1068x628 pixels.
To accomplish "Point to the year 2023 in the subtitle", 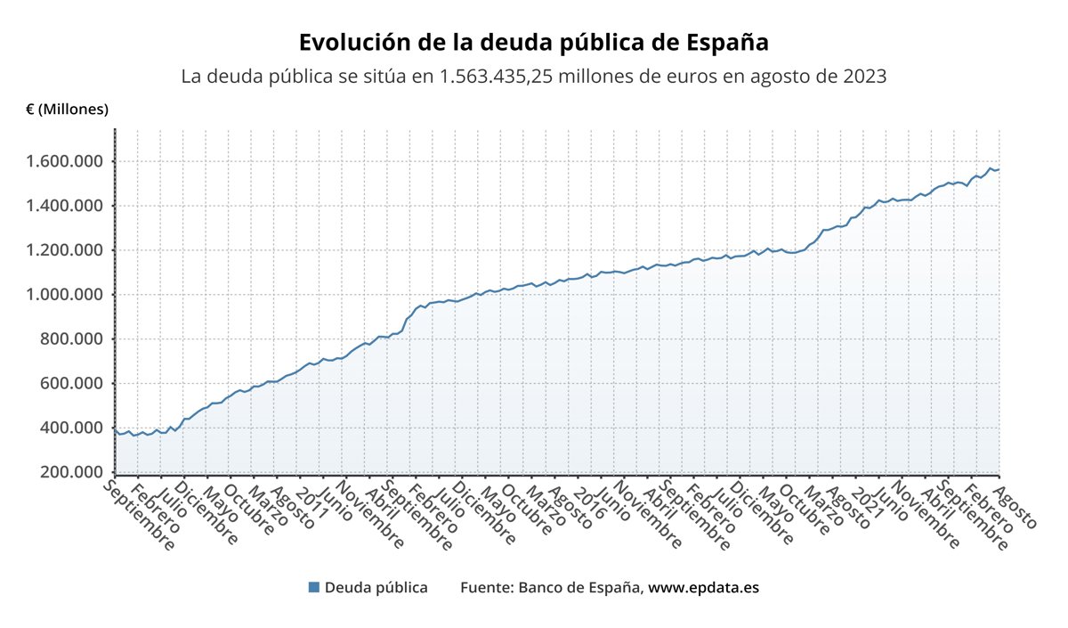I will click(x=862, y=77).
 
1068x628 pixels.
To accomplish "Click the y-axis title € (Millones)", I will click(x=67, y=110).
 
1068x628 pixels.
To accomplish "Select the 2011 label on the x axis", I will click(x=305, y=498).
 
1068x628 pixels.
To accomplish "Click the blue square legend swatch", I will click(x=313, y=587).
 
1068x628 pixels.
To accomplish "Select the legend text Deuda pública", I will click(x=376, y=588).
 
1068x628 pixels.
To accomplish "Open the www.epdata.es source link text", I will click(x=703, y=588).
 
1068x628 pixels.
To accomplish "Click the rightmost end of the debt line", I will click(x=999, y=169).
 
